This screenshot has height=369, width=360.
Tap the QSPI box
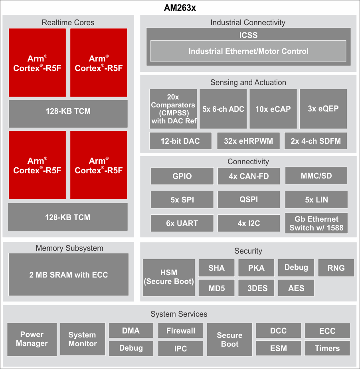[249, 199]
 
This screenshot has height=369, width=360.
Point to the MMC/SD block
[316, 176]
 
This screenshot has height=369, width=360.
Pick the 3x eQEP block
[323, 109]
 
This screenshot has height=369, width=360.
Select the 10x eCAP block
[273, 109]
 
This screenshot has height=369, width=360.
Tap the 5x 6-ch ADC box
[223, 109]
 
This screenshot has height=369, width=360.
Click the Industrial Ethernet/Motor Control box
[248, 51]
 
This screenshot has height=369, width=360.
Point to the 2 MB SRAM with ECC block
[69, 275]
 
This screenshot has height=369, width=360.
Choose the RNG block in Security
[336, 268]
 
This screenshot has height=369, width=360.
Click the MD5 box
[216, 288]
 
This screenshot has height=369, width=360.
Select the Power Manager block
[32, 339]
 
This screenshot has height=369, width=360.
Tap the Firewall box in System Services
[181, 331]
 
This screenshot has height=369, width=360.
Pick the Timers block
[327, 348]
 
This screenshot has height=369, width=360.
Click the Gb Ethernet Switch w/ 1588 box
[316, 223]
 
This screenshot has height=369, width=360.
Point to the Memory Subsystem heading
[69, 248]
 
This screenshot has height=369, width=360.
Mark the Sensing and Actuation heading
[248, 82]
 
